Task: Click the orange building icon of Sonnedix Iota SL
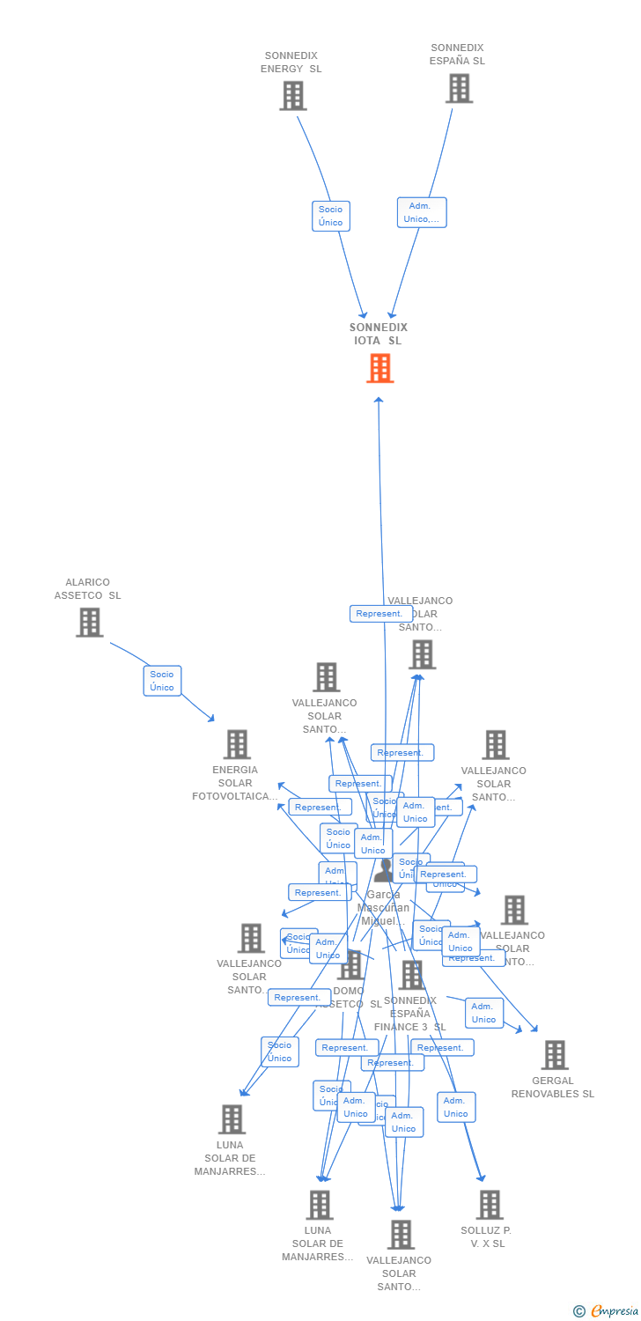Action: (x=379, y=368)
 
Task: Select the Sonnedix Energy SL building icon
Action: (x=292, y=95)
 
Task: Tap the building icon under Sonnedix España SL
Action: (x=459, y=88)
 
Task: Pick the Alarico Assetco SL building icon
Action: (x=89, y=622)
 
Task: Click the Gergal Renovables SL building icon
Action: (x=554, y=1054)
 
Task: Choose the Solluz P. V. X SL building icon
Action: (x=489, y=1204)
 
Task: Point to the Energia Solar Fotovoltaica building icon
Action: (x=236, y=744)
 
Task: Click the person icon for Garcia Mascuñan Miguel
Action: (x=384, y=871)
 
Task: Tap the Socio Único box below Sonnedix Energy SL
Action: (x=331, y=216)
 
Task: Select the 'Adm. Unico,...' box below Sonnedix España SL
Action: (x=422, y=212)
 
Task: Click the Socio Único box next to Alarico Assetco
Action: (x=162, y=681)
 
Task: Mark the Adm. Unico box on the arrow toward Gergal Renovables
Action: (x=484, y=1013)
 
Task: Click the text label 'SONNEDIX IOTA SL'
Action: (x=379, y=334)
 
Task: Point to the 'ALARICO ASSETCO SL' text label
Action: (x=88, y=588)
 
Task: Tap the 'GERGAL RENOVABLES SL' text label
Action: (x=553, y=1087)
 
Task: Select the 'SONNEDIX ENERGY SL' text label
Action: (x=291, y=62)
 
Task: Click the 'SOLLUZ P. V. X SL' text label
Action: (x=486, y=1236)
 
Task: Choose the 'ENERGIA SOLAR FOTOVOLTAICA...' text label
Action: (x=235, y=783)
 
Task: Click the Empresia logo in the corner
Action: (x=615, y=1311)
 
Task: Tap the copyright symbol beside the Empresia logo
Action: (x=579, y=1311)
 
